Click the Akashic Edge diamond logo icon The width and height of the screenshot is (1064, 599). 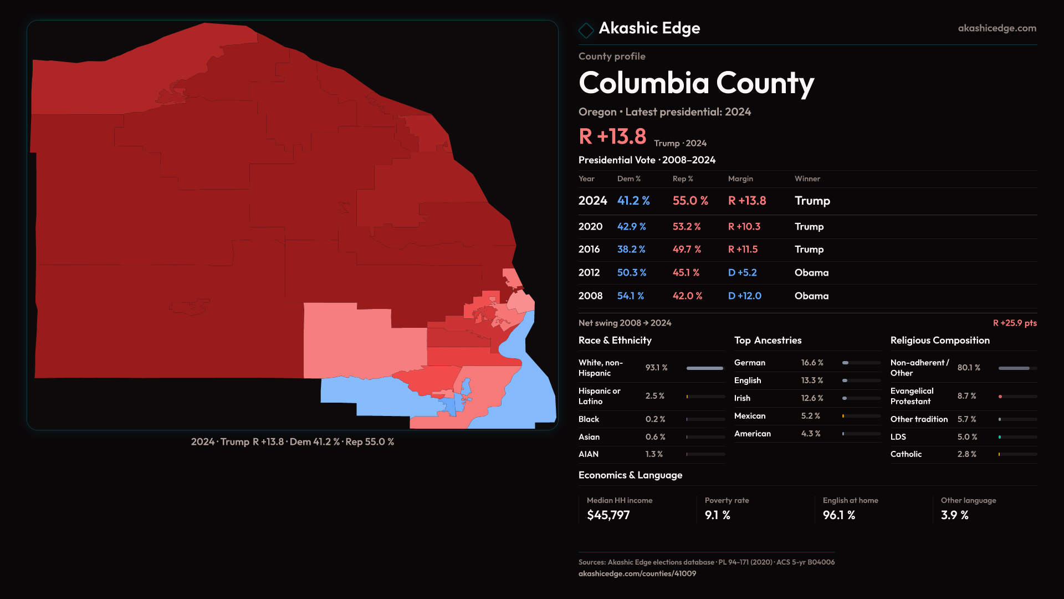pyautogui.click(x=586, y=30)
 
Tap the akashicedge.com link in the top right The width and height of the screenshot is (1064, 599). pyautogui.click(x=996, y=28)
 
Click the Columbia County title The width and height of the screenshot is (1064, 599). pyautogui.click(x=696, y=83)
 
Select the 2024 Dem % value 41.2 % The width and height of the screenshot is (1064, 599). pyautogui.click(x=633, y=201)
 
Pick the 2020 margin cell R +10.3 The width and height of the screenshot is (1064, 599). pyautogui.click(x=744, y=227)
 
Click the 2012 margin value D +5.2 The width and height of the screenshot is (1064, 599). pyautogui.click(x=742, y=273)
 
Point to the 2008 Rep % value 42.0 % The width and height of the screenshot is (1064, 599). pyautogui.click(x=687, y=296)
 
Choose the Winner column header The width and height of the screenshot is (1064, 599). pyautogui.click(x=807, y=179)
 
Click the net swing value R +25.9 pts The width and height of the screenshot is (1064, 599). pyautogui.click(x=1014, y=323)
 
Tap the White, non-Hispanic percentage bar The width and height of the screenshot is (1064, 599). pyautogui.click(x=705, y=368)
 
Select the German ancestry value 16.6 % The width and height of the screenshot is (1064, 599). pyautogui.click(x=812, y=363)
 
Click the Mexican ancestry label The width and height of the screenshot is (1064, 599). pyautogui.click(x=749, y=416)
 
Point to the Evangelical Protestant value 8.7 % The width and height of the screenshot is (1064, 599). pyautogui.click(x=966, y=396)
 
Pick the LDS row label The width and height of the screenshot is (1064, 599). pyautogui.click(x=898, y=437)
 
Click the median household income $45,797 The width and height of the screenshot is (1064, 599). pyautogui.click(x=608, y=515)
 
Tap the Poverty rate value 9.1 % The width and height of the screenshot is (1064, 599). pyautogui.click(x=717, y=515)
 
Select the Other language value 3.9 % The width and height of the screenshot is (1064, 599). pyautogui.click(x=954, y=515)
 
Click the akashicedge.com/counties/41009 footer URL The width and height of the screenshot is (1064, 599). pyautogui.click(x=637, y=573)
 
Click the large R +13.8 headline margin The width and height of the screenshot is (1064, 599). pyautogui.click(x=612, y=136)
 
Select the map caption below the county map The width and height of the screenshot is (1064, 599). pyautogui.click(x=293, y=442)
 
